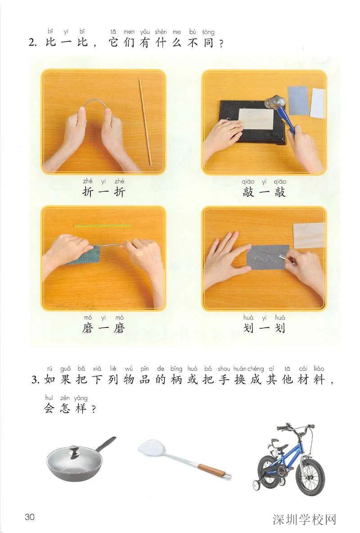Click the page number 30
[x=29, y=516]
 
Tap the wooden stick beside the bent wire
[x=145, y=122]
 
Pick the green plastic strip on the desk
[x=102, y=226]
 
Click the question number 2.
[x=31, y=43]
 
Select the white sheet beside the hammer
[x=318, y=103]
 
